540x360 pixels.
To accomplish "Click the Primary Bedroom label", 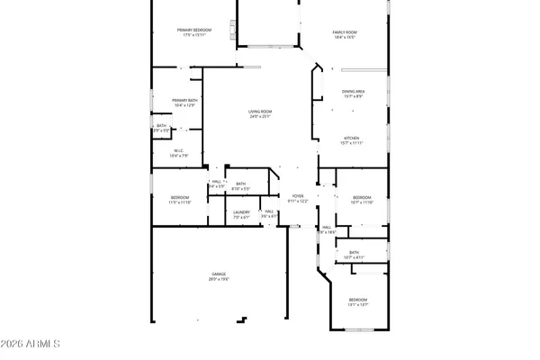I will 194,31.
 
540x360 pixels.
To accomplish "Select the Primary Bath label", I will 184,100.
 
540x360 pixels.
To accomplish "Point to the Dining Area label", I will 353,92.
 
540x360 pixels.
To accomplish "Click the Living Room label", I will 260,112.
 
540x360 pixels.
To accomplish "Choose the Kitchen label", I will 351,138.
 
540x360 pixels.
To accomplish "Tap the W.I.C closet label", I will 178,150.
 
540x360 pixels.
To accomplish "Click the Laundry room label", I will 241,212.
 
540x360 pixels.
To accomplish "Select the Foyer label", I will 298,195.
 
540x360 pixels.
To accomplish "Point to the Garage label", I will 219,274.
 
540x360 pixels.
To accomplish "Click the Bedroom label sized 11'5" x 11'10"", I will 180,197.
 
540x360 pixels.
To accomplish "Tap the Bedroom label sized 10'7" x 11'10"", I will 362,197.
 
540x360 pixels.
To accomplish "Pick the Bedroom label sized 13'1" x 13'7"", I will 358,300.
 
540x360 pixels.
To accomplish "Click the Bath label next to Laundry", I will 241,184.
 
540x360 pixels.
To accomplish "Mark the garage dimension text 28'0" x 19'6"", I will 219,279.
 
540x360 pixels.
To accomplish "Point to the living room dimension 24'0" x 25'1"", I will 260,117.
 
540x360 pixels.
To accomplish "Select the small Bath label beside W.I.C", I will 161,126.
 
